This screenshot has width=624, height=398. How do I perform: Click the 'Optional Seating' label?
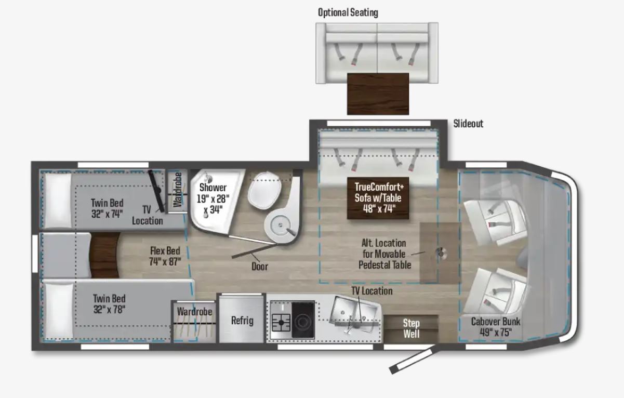pyautogui.click(x=348, y=12)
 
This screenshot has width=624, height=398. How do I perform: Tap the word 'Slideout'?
pyautogui.click(x=468, y=124)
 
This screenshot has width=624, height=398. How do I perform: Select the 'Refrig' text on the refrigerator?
pyautogui.click(x=242, y=320)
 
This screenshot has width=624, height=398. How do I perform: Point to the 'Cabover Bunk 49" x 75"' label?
pyautogui.click(x=495, y=327)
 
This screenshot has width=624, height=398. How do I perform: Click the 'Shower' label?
pyautogui.click(x=213, y=188)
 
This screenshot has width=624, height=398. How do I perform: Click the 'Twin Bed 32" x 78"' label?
pyautogui.click(x=109, y=304)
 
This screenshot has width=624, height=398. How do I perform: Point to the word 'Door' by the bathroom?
pyautogui.click(x=259, y=267)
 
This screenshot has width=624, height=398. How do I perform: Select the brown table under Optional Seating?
pyautogui.click(x=378, y=94)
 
